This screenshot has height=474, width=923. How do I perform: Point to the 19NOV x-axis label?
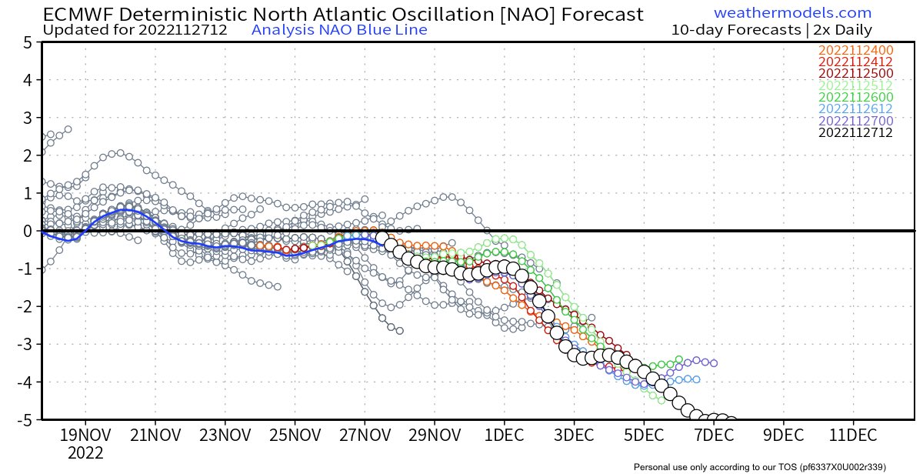(x=84, y=435)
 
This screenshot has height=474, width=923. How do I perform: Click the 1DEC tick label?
(x=504, y=435)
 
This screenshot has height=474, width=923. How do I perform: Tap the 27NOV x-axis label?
(x=364, y=435)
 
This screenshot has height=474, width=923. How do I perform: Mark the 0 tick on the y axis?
(x=26, y=231)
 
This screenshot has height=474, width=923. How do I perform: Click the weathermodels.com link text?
(x=792, y=13)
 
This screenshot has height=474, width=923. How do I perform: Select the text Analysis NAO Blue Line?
(x=339, y=30)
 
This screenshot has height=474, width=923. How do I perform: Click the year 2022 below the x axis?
(x=85, y=454)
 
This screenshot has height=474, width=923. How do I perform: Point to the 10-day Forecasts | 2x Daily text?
(x=771, y=30)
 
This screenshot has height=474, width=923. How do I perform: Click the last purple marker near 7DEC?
(x=713, y=362)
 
